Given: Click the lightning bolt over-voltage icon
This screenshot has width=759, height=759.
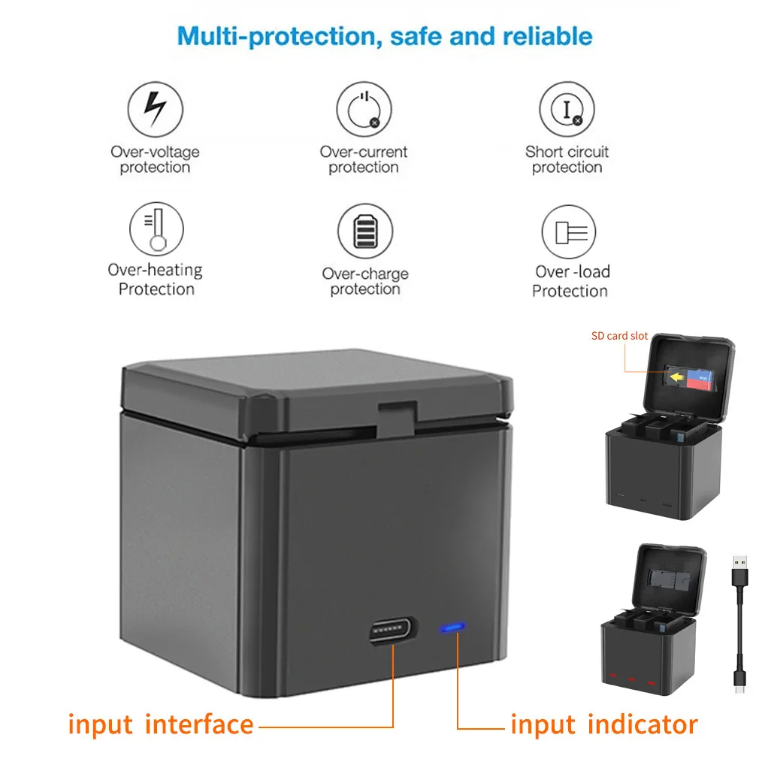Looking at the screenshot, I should click(156, 109).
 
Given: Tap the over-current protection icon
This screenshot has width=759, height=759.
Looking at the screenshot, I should click(364, 110).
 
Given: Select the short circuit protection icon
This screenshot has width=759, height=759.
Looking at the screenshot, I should click(567, 110).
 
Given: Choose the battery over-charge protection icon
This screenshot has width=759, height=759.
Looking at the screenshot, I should click(364, 230).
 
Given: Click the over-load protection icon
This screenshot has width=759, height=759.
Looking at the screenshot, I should click(569, 231).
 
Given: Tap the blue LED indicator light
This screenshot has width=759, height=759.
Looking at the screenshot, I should click(452, 626).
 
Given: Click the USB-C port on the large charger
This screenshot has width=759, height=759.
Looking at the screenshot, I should click(393, 630).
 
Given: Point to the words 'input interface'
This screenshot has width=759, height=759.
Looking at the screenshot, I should click(161, 724).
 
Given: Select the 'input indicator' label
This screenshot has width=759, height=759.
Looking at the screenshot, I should click(603, 724).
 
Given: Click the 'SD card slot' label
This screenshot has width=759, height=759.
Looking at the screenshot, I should click(619, 336).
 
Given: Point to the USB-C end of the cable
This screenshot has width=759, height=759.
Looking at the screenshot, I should click(740, 685).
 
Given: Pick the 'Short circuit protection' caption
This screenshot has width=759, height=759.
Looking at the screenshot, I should click(567, 159).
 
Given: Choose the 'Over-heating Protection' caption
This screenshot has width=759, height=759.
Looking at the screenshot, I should click(156, 279).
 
